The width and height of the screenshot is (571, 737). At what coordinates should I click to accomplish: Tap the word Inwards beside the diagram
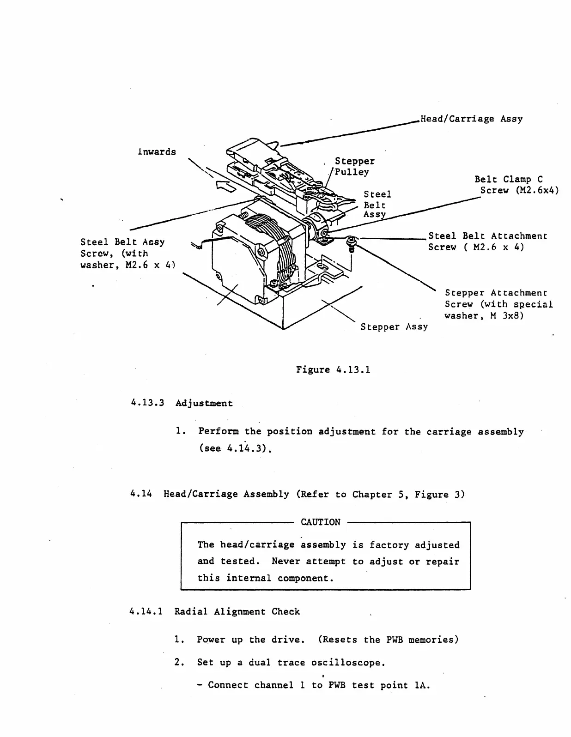(157, 152)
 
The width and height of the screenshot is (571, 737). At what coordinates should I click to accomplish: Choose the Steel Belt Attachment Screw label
(487, 242)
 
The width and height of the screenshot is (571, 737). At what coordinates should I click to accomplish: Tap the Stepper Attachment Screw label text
(498, 304)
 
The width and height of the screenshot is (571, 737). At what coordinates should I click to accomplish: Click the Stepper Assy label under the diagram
(394, 327)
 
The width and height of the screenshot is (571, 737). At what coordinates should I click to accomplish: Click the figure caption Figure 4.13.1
(333, 369)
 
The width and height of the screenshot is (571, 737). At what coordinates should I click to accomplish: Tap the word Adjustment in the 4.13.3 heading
(204, 403)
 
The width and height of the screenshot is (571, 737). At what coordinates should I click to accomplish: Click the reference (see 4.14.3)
(234, 448)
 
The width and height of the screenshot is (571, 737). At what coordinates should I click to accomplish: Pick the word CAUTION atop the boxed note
(320, 522)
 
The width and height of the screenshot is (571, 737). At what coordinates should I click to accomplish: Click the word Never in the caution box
(286, 562)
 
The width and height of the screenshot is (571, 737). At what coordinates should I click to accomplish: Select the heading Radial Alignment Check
(237, 612)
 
